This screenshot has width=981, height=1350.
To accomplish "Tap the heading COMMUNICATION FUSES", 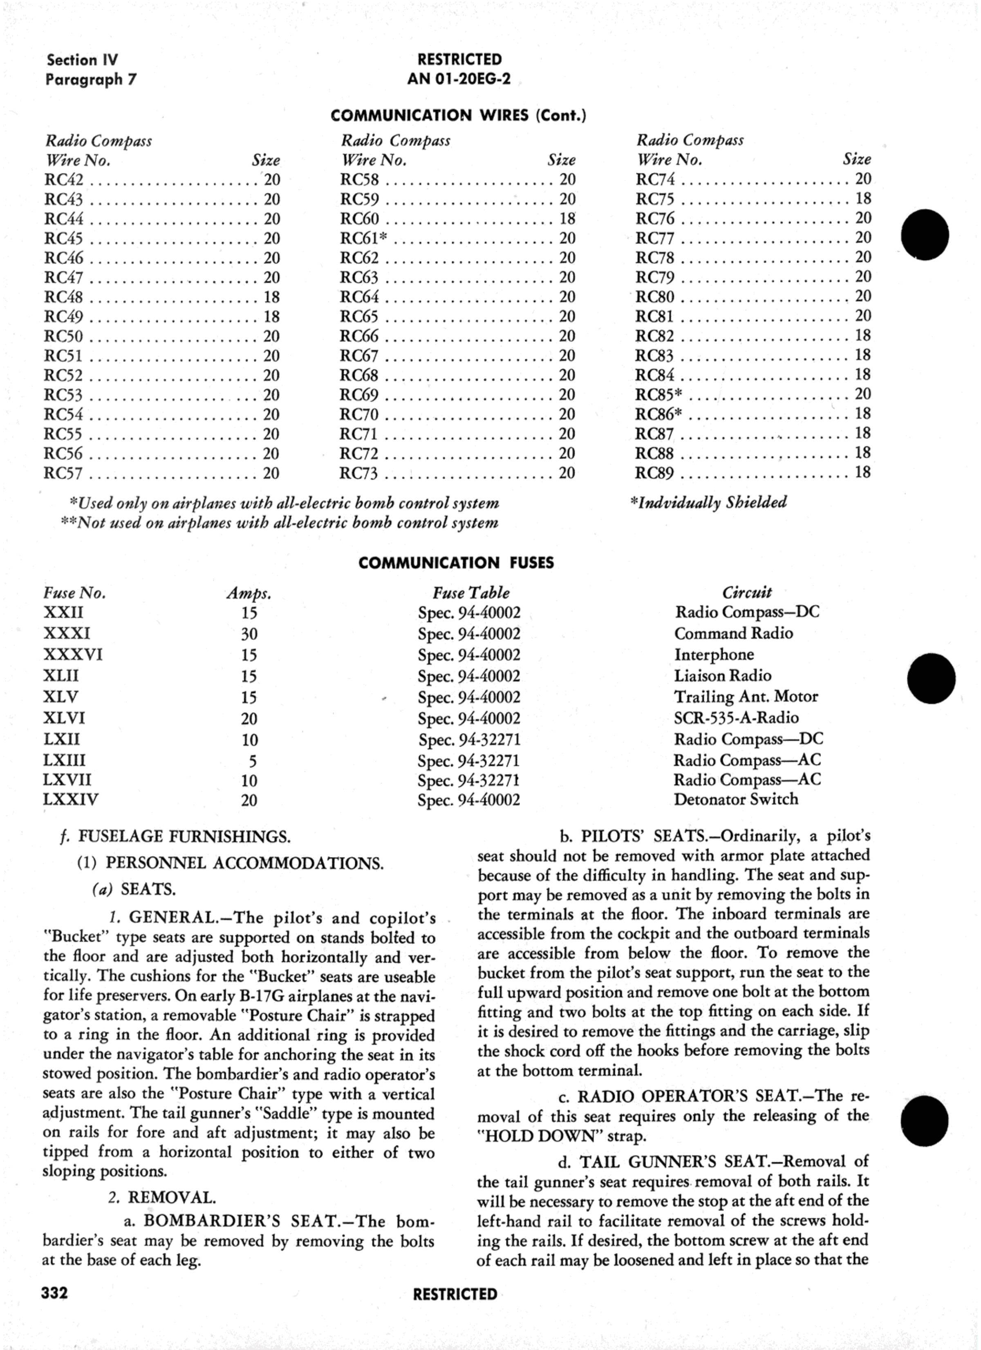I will tap(456, 563).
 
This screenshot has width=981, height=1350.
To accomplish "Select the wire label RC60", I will tap(359, 219).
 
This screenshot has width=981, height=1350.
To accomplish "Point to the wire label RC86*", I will tap(658, 414).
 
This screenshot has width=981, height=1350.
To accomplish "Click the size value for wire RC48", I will tap(272, 297).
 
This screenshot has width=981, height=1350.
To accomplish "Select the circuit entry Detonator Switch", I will tap(735, 799).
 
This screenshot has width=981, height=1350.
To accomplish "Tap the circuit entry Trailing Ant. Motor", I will tap(746, 696).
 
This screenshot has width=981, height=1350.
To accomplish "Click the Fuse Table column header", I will tap(470, 593).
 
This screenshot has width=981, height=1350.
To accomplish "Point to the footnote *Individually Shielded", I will tap(708, 502).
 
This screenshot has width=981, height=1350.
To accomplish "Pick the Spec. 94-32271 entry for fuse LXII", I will tap(469, 739).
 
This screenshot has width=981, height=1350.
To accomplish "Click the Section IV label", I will tap(82, 60).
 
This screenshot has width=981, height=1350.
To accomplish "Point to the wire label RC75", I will tap(655, 199).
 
